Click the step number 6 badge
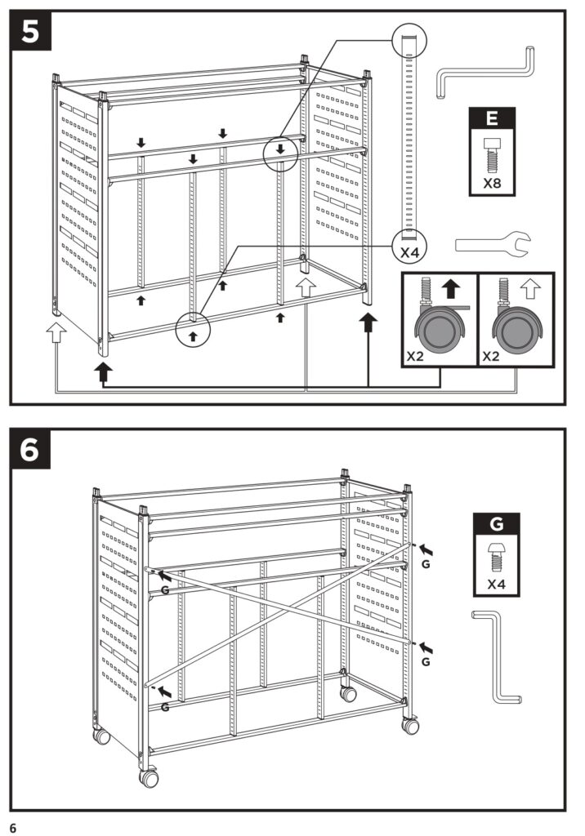tap(31, 450)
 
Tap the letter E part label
tap(492, 118)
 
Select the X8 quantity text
tap(492, 183)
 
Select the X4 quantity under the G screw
tap(496, 585)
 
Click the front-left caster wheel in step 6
tap(150, 778)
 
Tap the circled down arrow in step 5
tap(281, 149)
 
